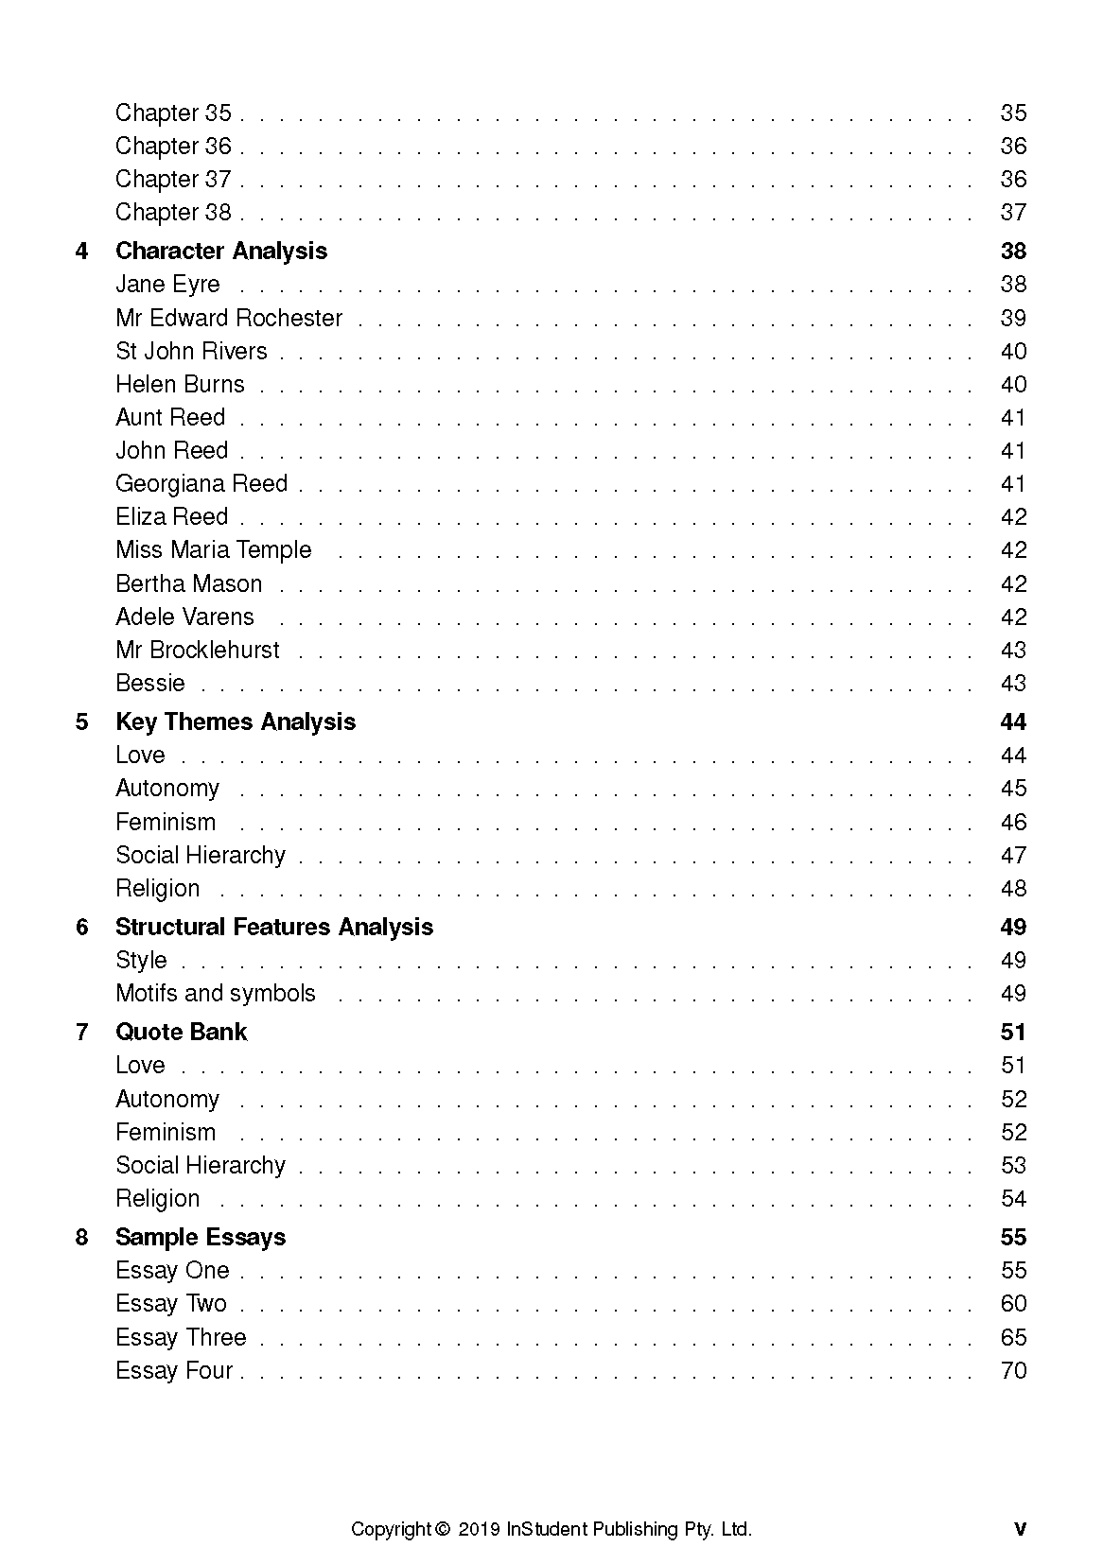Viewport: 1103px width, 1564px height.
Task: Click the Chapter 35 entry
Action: point(173,113)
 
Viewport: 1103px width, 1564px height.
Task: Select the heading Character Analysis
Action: point(221,251)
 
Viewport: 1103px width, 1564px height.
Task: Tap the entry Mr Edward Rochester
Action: point(229,318)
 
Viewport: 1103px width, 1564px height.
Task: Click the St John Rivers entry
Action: point(191,351)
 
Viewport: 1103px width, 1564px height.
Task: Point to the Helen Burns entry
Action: point(180,384)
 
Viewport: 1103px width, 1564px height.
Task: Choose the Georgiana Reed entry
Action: point(201,483)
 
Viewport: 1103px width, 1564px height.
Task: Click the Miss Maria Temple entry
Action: point(213,549)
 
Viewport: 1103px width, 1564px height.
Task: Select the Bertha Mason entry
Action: point(188,583)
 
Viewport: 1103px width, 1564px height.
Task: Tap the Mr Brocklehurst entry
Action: point(198,650)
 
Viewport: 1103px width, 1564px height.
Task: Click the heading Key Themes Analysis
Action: point(236,721)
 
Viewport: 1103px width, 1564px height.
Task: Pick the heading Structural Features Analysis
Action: point(274,927)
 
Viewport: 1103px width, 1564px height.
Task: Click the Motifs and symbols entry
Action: point(216,993)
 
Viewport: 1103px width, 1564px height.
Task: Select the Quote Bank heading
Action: point(181,1032)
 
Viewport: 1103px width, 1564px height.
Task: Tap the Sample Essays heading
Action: point(201,1237)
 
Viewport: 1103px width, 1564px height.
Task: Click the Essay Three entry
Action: point(181,1337)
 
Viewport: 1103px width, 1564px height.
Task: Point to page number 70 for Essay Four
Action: point(1013,1370)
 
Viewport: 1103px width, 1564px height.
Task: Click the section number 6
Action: point(82,927)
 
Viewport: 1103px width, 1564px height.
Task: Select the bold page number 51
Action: point(1013,1032)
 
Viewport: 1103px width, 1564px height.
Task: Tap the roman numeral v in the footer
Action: point(1020,1529)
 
